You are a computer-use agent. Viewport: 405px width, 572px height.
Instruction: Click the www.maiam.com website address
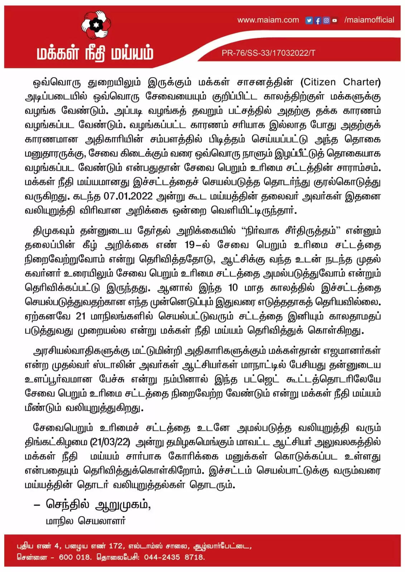268,20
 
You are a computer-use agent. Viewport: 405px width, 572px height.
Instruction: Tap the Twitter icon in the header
309,20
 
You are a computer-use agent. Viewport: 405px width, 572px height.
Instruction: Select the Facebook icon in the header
317,20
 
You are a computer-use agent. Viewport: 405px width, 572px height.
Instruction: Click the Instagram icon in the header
326,20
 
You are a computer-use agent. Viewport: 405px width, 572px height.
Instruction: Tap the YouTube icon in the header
334,20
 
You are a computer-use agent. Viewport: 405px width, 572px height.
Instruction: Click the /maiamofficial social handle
369,20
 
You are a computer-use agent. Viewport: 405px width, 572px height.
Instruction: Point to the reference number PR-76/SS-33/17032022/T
268,53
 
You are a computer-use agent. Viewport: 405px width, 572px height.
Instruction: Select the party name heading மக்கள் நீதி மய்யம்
95,53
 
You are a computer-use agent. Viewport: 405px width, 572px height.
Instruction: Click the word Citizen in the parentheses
318,82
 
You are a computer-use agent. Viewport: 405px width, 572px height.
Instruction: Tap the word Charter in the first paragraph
361,82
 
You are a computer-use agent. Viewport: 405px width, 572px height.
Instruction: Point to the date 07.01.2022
128,196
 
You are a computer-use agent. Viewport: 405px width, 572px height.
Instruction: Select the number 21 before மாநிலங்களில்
81,316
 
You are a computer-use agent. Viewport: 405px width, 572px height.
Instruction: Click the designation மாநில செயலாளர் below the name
86,521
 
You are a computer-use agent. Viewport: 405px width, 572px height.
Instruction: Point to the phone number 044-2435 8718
174,557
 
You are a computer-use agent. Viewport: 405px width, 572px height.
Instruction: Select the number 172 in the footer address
116,546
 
